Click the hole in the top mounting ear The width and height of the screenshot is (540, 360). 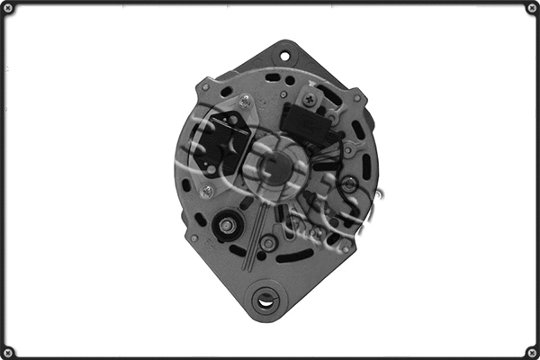(x=285, y=57)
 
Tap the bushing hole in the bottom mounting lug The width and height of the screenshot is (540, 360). (x=266, y=301)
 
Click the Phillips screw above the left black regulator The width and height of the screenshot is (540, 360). (x=245, y=102)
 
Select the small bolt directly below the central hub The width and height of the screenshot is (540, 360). (x=267, y=243)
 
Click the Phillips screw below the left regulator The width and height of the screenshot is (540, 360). (x=206, y=191)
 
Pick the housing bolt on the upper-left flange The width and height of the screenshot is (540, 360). (x=205, y=87)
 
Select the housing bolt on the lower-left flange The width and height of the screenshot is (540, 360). (x=193, y=238)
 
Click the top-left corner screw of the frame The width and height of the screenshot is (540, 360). (x=8, y=8)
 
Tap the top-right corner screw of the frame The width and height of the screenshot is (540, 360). (x=531, y=8)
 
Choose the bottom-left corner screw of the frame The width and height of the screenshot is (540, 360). (x=8, y=351)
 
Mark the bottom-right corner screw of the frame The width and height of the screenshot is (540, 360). (x=531, y=351)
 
